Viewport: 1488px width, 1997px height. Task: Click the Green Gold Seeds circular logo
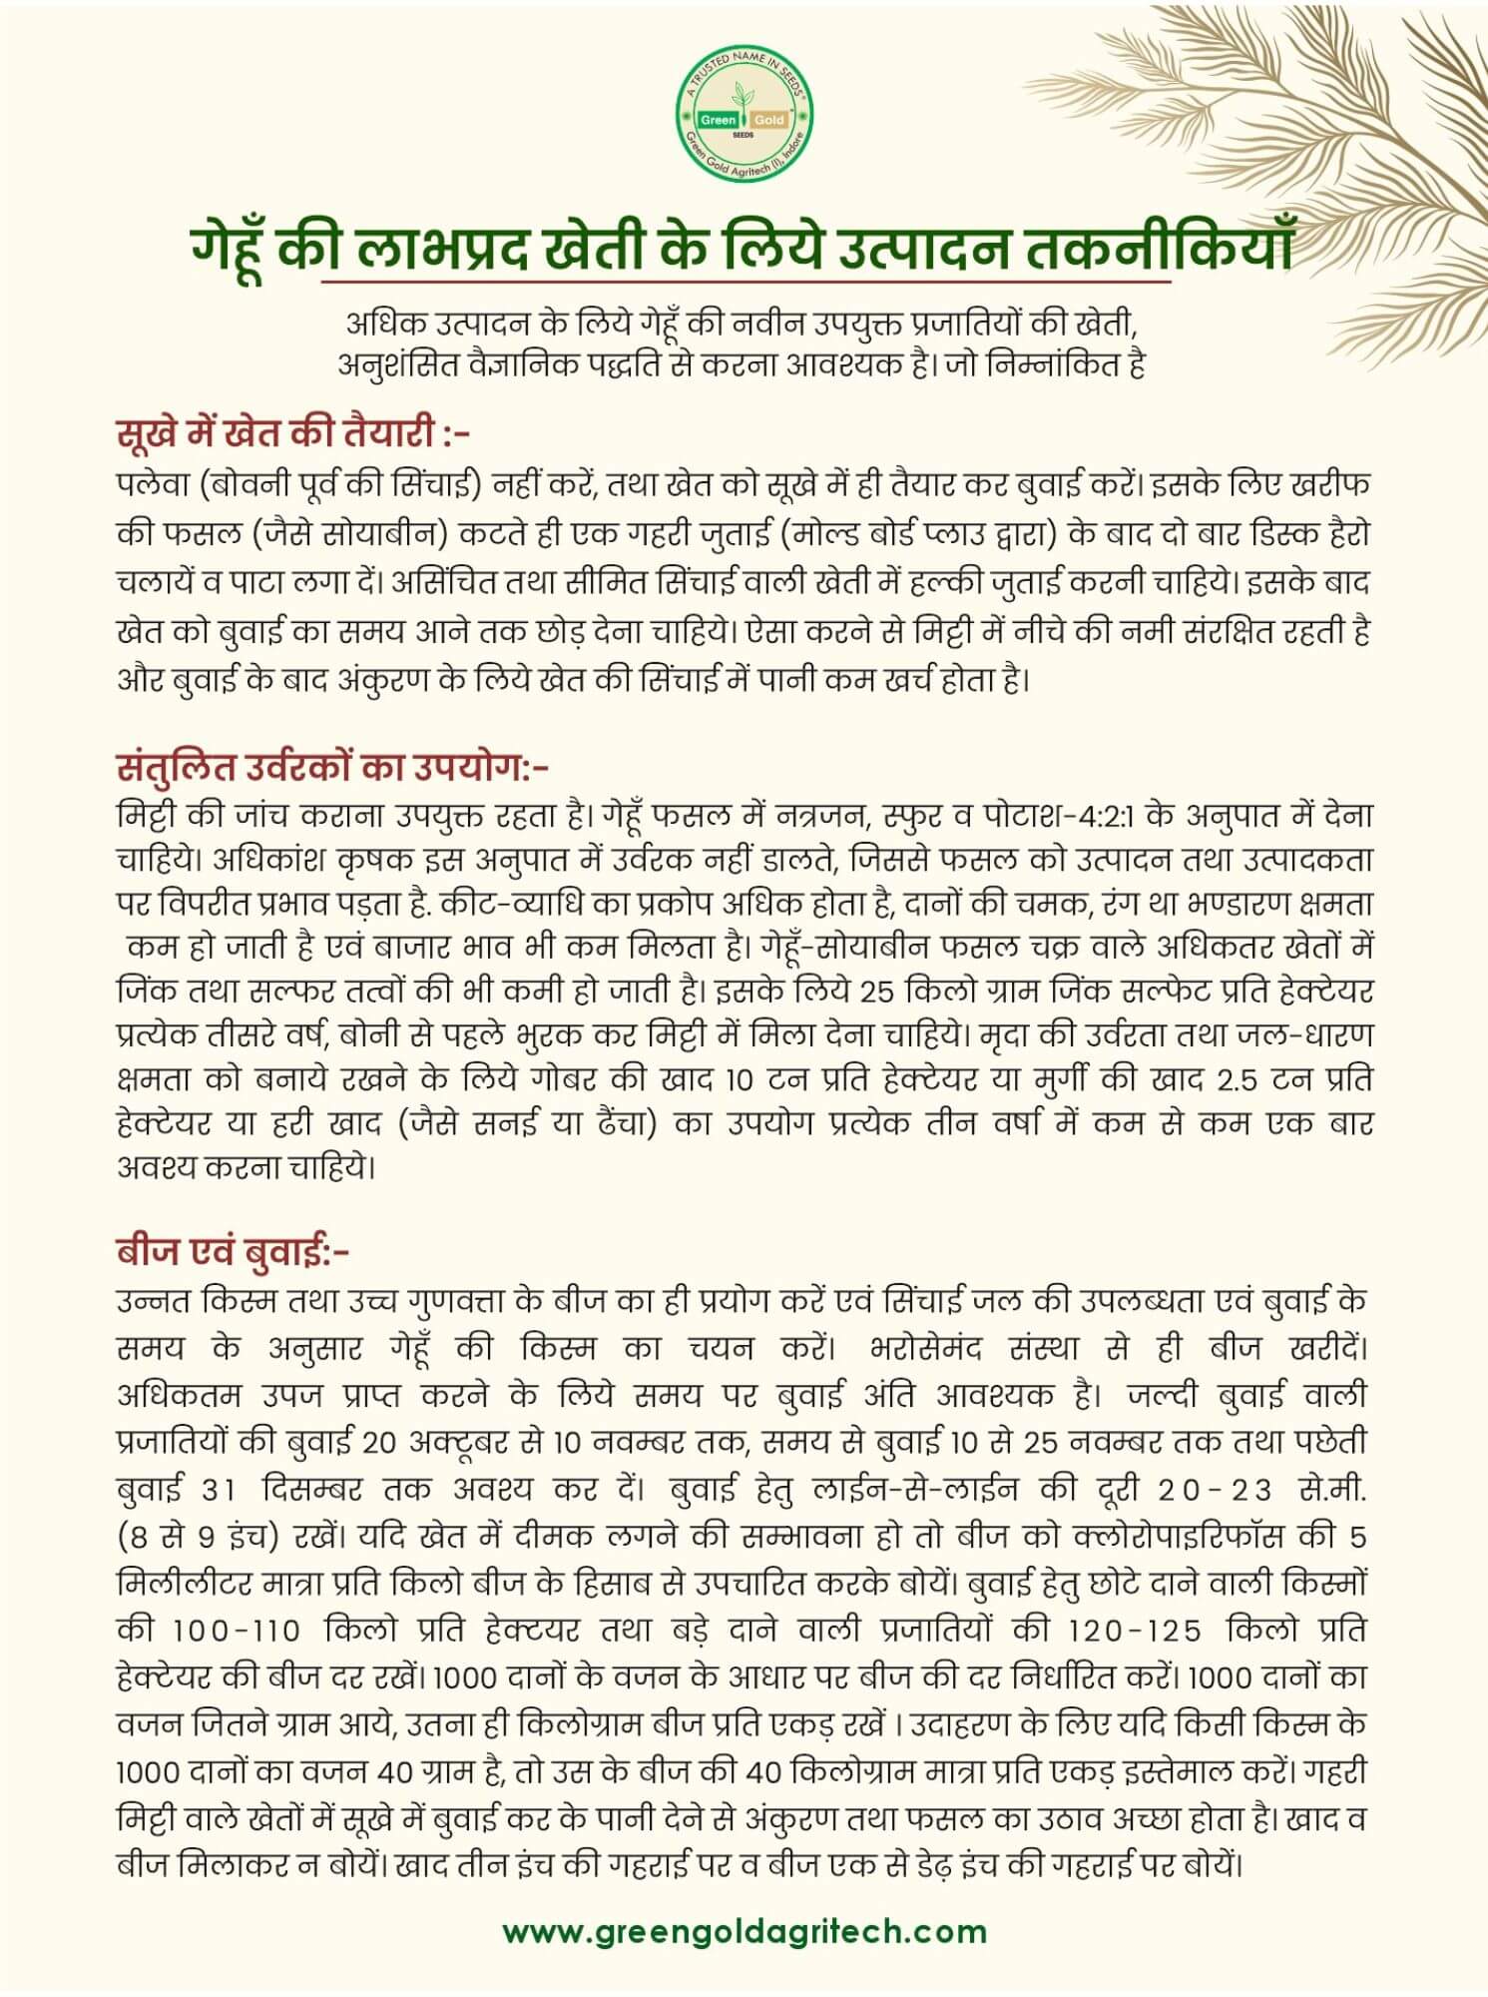744,118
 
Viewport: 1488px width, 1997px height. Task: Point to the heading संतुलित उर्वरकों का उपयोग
332,767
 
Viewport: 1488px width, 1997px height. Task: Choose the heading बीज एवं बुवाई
233,1250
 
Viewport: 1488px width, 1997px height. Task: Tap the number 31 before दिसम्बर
218,1490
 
